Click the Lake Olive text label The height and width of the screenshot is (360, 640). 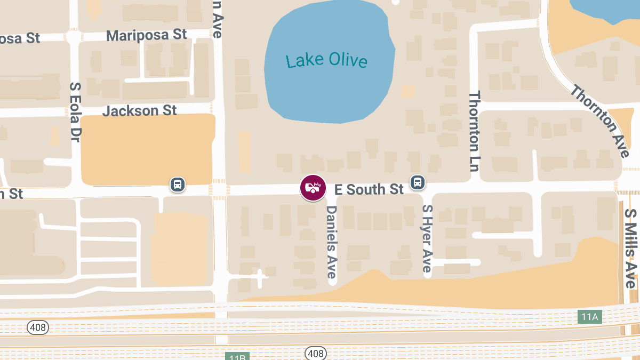(x=326, y=60)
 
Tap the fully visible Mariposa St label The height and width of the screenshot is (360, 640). (x=147, y=35)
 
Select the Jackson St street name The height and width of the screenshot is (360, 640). (x=139, y=111)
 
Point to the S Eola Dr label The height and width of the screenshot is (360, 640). (x=75, y=111)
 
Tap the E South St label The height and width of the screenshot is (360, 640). (x=369, y=189)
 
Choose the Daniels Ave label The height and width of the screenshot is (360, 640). (x=332, y=242)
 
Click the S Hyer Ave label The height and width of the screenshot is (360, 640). (x=427, y=238)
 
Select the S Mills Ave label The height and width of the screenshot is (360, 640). (x=631, y=248)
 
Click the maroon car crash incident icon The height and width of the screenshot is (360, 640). (x=313, y=188)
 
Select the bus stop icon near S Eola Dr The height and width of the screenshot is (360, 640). (x=178, y=185)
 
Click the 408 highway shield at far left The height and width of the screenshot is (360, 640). (x=38, y=327)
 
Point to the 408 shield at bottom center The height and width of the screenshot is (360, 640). (x=315, y=353)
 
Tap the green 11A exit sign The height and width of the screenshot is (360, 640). (x=589, y=317)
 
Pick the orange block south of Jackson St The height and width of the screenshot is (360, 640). (x=148, y=149)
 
